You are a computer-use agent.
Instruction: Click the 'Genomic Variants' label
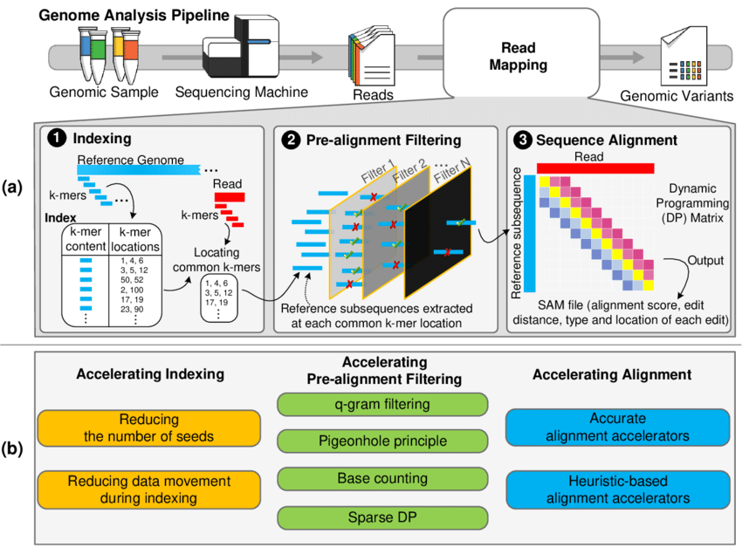676,97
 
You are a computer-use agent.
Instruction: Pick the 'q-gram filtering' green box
381,405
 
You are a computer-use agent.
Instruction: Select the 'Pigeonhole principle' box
381,442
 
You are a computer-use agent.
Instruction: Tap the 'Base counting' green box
381,479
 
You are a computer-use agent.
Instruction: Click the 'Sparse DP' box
381,516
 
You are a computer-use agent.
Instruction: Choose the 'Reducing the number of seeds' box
149,428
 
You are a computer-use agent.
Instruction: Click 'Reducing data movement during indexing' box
149,489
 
